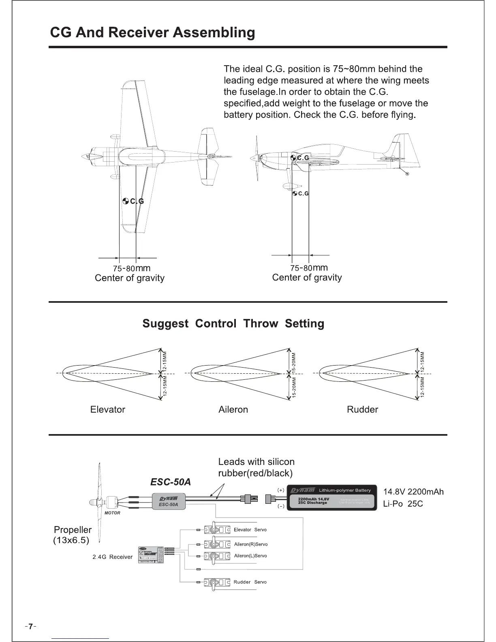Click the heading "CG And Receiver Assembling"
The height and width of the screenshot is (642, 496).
pyautogui.click(x=152, y=32)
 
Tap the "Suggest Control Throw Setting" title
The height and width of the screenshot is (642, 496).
pyautogui.click(x=233, y=323)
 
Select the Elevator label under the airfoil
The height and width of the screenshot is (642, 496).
pyautogui.click(x=107, y=409)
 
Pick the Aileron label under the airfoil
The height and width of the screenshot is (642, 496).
pyautogui.click(x=233, y=409)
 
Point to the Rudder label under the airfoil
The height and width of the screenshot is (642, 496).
pyautogui.click(x=362, y=409)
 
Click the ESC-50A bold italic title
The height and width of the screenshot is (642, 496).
pyautogui.click(x=170, y=482)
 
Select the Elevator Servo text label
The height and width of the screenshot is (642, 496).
pyautogui.click(x=250, y=530)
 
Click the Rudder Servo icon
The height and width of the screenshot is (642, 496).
pyautogui.click(x=214, y=582)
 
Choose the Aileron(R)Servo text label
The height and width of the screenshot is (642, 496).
pyautogui.click(x=251, y=544)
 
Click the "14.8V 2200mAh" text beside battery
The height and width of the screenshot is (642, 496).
pyautogui.click(x=413, y=492)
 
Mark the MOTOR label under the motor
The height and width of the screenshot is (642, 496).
pyautogui.click(x=112, y=513)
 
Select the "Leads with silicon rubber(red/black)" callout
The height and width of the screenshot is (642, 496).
pyautogui.click(x=256, y=467)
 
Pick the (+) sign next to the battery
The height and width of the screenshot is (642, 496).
pyautogui.click(x=280, y=490)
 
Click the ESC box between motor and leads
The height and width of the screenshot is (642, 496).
pyautogui.click(x=169, y=501)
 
